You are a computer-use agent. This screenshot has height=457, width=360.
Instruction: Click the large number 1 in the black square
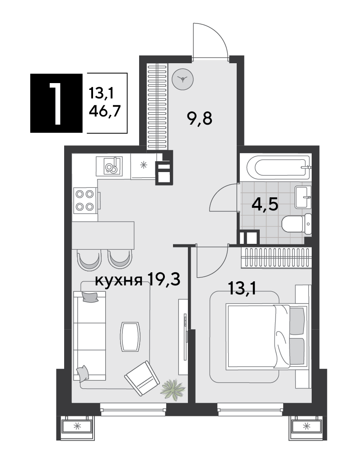[x=55, y=103]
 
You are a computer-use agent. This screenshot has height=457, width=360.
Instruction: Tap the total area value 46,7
[x=105, y=111]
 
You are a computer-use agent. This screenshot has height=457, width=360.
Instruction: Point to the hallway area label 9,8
[x=200, y=118]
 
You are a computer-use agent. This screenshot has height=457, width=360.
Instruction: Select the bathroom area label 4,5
[x=265, y=205]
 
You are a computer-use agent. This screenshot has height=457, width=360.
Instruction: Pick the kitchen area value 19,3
[x=164, y=279]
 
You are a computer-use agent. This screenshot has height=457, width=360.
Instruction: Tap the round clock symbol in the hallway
[x=183, y=79]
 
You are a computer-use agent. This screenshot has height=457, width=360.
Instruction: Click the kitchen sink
[x=109, y=166]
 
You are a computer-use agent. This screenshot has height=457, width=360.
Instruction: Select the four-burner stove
[x=85, y=200]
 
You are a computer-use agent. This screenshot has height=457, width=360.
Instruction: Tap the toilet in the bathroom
[x=297, y=224]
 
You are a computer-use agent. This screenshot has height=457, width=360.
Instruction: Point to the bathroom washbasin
[x=303, y=197]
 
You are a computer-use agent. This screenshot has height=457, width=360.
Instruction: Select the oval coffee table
[x=130, y=336]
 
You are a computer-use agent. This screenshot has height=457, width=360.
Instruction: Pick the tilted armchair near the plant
[x=142, y=378]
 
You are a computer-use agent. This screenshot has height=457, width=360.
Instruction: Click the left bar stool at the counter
[x=89, y=259]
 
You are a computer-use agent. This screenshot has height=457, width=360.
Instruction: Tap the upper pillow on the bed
[x=297, y=321]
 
